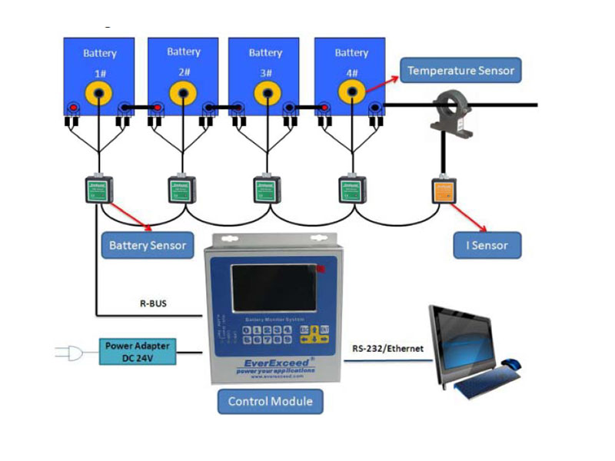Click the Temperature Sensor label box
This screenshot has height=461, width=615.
[460, 71]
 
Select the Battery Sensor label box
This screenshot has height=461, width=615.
[148, 245]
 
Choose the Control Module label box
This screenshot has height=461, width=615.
[270, 401]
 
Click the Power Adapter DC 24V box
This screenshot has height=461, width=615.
[138, 351]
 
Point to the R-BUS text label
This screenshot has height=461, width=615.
[152, 303]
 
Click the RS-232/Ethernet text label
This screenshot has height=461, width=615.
[387, 348]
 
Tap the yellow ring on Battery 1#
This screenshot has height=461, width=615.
[99, 95]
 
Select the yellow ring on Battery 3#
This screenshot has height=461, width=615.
[266, 95]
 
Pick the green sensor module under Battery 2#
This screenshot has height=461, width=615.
[183, 190]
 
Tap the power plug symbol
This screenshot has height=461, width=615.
[68, 353]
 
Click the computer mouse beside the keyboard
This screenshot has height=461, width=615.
[510, 363]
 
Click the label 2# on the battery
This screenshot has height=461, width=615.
[184, 73]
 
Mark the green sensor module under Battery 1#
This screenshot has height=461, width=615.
[98, 190]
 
